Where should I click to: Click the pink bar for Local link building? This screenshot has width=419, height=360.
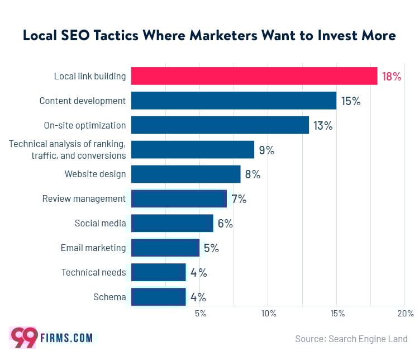pyautogui.click(x=254, y=76)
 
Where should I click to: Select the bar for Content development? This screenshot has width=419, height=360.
pyautogui.click(x=234, y=101)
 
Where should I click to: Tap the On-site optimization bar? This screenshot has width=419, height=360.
pyautogui.click(x=220, y=125)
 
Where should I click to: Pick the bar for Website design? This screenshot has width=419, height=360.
pyautogui.click(x=185, y=174)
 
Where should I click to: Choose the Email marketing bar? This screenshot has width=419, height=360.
pyautogui.click(x=165, y=248)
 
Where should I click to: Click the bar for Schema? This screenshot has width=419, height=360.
pyautogui.click(x=159, y=297)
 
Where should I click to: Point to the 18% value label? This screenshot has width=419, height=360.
pyautogui.click(x=391, y=77)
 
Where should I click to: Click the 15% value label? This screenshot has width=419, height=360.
pyautogui.click(x=351, y=101)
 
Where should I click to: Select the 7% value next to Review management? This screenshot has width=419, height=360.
pyautogui.click(x=239, y=198)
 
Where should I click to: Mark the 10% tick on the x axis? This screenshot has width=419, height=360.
pyautogui.click(x=268, y=314)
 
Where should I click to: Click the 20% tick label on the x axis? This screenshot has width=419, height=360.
pyautogui.click(x=405, y=314)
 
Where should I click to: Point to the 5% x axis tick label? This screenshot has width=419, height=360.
pyautogui.click(x=200, y=314)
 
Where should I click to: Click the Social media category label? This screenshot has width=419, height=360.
pyautogui.click(x=100, y=223)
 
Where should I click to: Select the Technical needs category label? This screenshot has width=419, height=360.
pyautogui.click(x=93, y=272)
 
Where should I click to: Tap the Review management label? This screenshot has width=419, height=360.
pyautogui.click(x=84, y=198)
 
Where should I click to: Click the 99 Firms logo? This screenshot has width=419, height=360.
pyautogui.click(x=51, y=338)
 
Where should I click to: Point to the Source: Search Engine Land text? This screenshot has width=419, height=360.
pyautogui.click(x=351, y=339)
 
